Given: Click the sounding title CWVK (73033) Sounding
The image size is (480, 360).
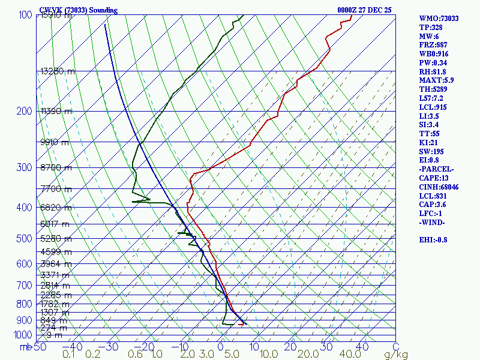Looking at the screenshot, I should point(78,10).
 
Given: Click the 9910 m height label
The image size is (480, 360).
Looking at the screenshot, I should point(55,142).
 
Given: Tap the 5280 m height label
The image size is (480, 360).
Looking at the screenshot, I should point(56,239).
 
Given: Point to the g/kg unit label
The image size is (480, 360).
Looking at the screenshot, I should point(396,355).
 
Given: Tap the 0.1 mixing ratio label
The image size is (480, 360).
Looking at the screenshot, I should point(68,355).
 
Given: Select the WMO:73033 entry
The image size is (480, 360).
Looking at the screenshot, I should point(439,19).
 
